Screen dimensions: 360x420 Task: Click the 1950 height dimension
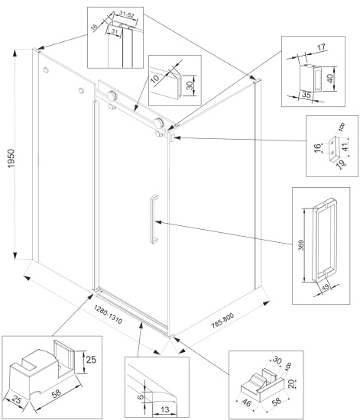click(x=11, y=159)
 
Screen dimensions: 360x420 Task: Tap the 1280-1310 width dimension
click(x=108, y=314)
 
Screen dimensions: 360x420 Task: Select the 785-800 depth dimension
click(x=222, y=321)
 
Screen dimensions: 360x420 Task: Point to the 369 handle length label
click(x=301, y=245)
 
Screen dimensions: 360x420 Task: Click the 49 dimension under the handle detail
click(x=325, y=287)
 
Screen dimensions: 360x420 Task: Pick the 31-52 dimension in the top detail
click(x=127, y=15)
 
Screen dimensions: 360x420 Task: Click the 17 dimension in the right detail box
click(x=321, y=47)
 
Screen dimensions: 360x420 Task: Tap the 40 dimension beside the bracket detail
click(x=330, y=78)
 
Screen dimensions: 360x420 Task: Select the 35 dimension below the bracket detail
click(x=306, y=95)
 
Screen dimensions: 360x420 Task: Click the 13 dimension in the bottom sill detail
click(x=165, y=409)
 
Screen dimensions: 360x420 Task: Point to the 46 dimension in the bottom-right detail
click(x=246, y=403)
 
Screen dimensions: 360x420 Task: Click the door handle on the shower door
click(x=154, y=219)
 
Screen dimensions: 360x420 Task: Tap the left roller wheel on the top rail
click(x=112, y=95)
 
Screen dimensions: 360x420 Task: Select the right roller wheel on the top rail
click(x=159, y=123)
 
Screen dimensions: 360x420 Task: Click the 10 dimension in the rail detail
click(x=154, y=79)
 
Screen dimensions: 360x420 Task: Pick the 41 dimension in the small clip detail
click(x=345, y=147)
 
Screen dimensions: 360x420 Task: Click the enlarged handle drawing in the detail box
click(x=325, y=240)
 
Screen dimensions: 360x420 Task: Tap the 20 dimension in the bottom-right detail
click(x=292, y=383)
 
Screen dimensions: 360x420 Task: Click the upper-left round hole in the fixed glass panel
click(x=46, y=70)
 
